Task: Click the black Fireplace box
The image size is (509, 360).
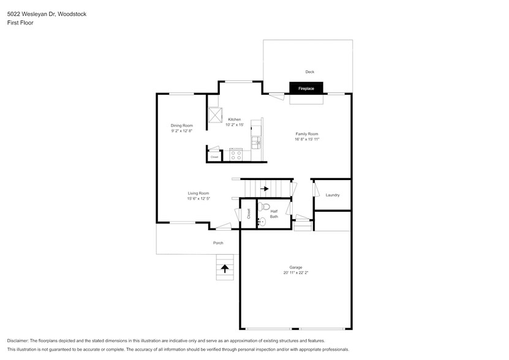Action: click(x=306, y=89)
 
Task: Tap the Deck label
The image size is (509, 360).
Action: click(x=310, y=72)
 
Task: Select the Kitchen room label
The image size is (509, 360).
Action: click(x=235, y=119)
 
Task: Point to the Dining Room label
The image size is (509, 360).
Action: click(x=182, y=126)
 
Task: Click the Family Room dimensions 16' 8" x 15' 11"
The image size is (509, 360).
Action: click(x=307, y=140)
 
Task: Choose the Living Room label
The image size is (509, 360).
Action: click(x=198, y=193)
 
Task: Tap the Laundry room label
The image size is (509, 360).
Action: click(x=333, y=195)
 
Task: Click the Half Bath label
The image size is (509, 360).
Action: click(x=274, y=214)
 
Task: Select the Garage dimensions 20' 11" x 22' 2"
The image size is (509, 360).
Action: click(x=296, y=273)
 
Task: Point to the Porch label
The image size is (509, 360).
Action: click(x=218, y=243)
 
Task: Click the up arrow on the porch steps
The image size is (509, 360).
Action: click(x=225, y=268)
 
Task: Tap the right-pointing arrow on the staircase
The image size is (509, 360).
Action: click(x=265, y=189)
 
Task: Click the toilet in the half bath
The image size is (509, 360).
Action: click(x=264, y=206)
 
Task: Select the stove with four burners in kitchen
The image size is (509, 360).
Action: click(x=236, y=155)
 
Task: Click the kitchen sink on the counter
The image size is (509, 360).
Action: click(x=256, y=142)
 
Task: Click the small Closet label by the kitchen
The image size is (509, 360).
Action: click(x=214, y=157)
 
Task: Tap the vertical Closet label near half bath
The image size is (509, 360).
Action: click(x=249, y=214)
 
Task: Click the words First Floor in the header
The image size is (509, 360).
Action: click(x=21, y=23)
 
